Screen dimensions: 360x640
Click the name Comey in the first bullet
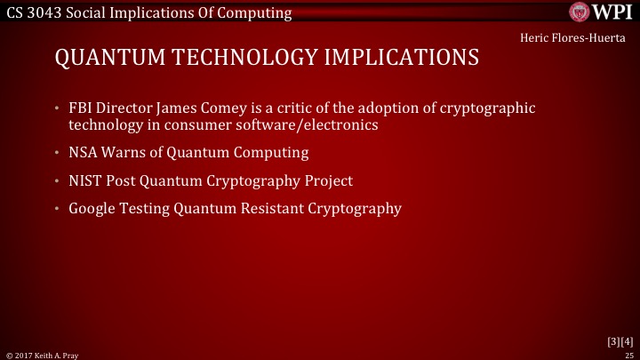(x=211, y=108)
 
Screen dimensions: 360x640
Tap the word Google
(x=91, y=209)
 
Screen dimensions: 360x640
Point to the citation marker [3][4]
(x=619, y=340)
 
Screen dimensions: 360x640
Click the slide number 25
(x=630, y=354)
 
